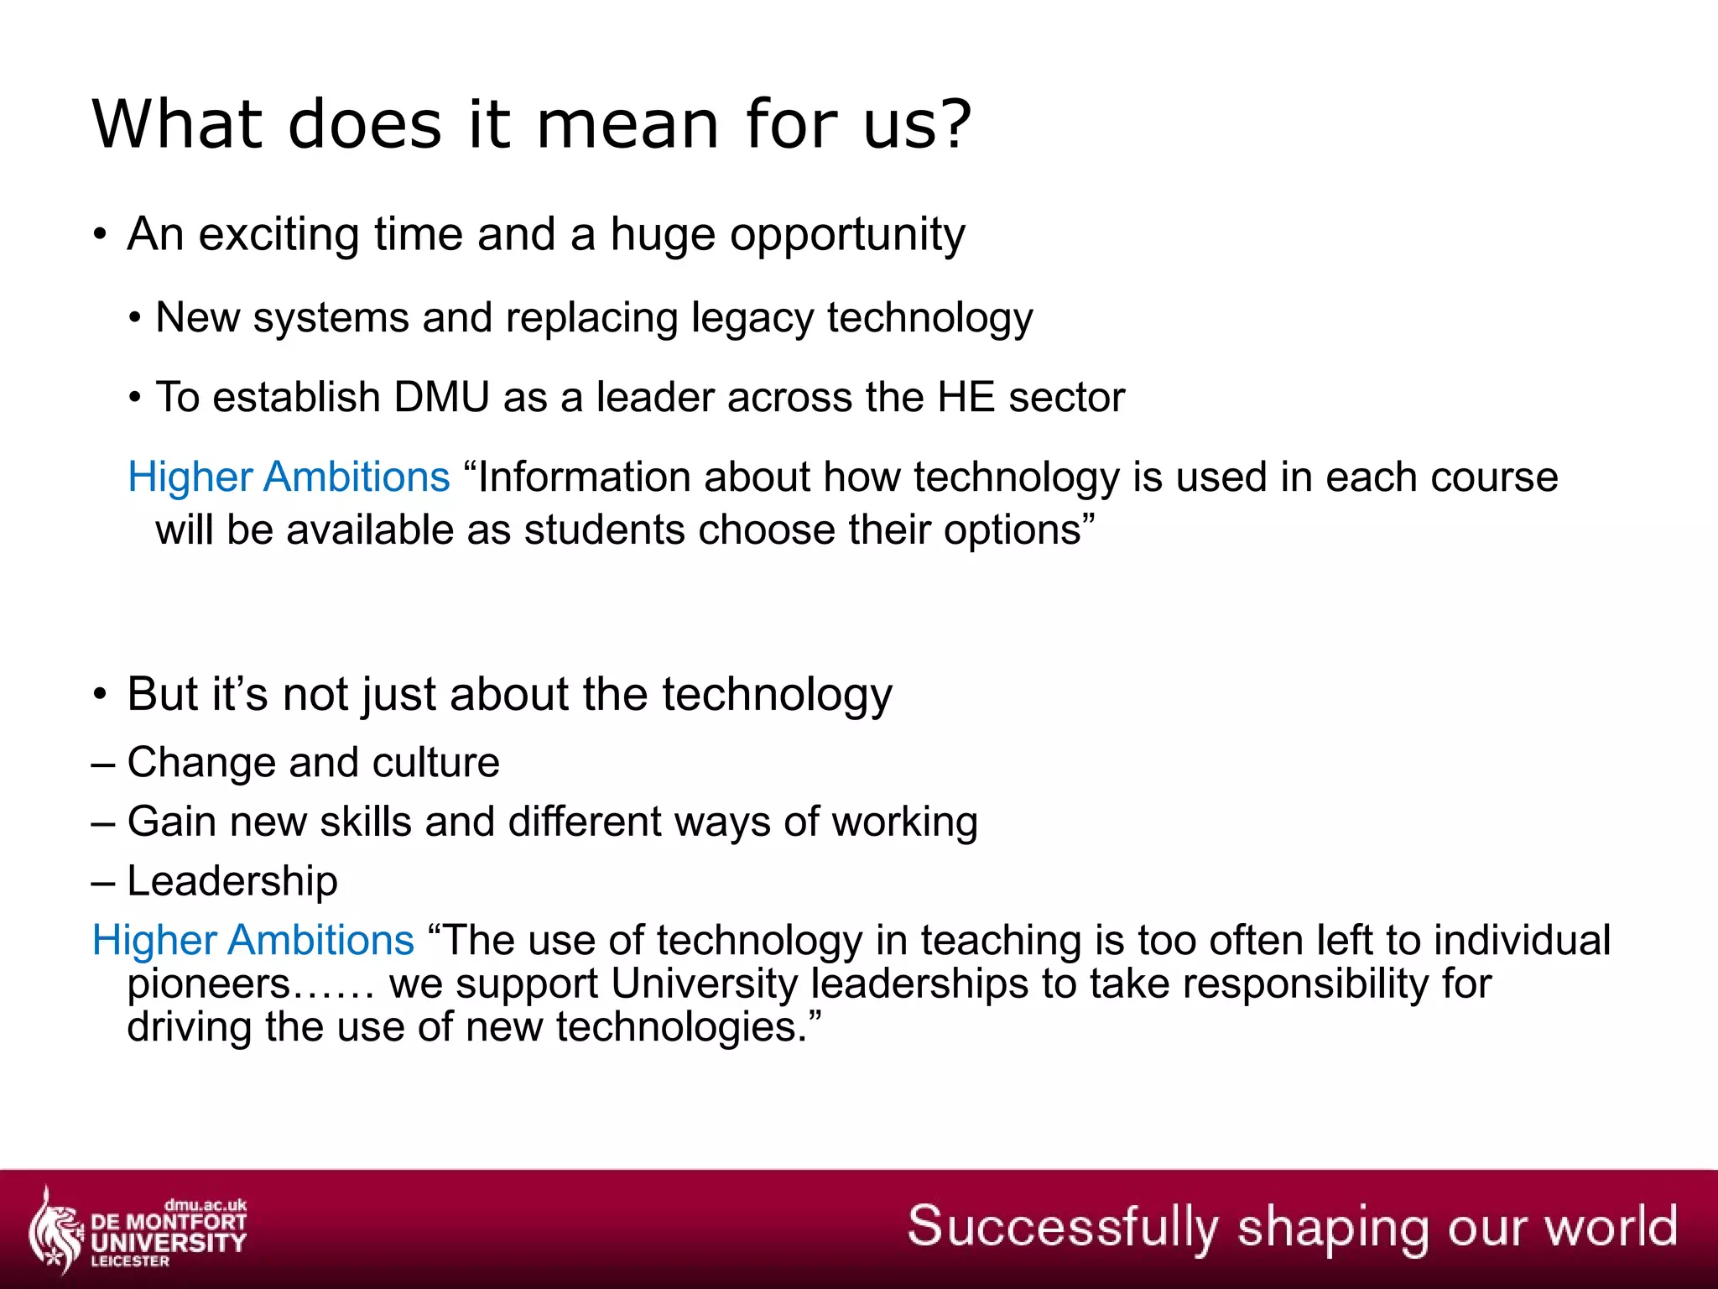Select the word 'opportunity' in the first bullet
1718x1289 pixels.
[x=847, y=235]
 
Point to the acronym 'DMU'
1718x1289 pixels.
[x=441, y=397]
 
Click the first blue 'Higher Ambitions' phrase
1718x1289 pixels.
[x=289, y=477]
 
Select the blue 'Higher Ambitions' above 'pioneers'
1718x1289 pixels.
[x=252, y=940]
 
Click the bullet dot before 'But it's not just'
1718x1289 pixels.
[x=101, y=695]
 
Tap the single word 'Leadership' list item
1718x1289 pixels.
[x=232, y=881]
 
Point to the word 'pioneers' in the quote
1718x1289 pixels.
[x=208, y=984]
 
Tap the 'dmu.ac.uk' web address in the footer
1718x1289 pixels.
[x=206, y=1205]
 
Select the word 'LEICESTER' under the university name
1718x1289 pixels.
[x=130, y=1261]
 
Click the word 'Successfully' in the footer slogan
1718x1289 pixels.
[x=1062, y=1227]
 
